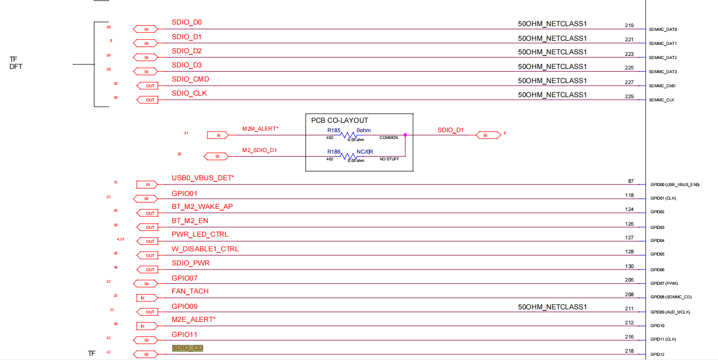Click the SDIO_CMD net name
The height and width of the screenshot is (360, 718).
(190, 79)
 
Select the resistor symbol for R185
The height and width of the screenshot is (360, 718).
(348, 135)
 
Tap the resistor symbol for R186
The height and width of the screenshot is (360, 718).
(348, 156)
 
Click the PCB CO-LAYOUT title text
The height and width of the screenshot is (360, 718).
(339, 120)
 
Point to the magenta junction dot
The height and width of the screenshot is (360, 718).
(405, 135)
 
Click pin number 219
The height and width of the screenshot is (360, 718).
(629, 25)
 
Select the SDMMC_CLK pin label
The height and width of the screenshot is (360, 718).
(662, 100)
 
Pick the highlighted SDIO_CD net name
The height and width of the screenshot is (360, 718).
(187, 348)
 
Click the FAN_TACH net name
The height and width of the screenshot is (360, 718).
(190, 291)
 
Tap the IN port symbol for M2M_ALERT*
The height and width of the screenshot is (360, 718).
(219, 135)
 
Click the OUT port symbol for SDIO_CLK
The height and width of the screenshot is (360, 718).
(150, 100)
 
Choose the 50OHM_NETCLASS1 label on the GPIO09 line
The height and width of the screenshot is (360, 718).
(552, 307)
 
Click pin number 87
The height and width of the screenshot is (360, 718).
(630, 181)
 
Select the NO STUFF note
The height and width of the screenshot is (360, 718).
(389, 159)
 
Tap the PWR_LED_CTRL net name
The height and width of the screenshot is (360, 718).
(200, 234)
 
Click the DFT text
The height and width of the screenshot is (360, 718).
(16, 67)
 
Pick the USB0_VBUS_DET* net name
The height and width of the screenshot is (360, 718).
(203, 178)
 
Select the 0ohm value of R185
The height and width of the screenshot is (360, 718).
(363, 130)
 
